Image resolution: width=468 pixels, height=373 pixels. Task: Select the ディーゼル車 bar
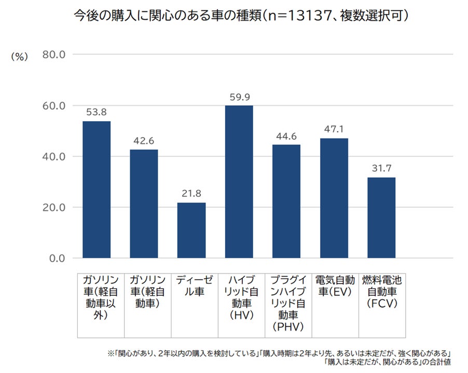click(x=191, y=230)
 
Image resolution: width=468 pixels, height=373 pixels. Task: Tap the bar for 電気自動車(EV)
click(x=334, y=198)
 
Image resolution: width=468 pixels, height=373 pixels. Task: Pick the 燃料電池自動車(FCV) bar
click(x=381, y=218)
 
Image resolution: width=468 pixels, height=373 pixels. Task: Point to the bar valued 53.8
click(x=97, y=189)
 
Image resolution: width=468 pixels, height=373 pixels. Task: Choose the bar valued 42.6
click(x=144, y=204)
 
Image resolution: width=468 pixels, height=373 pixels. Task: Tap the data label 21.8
click(x=191, y=194)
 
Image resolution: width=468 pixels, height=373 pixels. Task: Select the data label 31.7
click(x=381, y=169)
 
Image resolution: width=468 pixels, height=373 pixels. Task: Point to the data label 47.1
click(x=334, y=130)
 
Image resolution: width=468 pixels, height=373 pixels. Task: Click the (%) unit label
click(x=19, y=58)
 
